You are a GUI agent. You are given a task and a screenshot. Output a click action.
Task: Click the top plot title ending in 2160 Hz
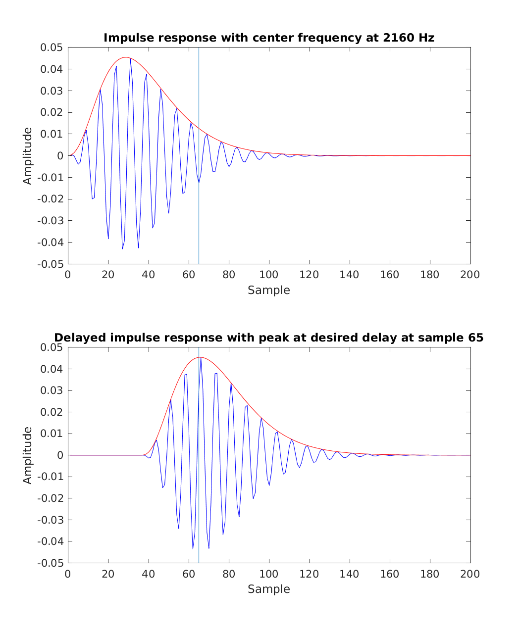click(269, 38)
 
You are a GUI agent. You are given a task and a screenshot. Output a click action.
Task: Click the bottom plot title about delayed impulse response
click(269, 338)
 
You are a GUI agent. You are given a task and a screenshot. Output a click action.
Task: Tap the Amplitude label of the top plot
click(28, 156)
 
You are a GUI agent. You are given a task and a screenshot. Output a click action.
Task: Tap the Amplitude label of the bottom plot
click(28, 455)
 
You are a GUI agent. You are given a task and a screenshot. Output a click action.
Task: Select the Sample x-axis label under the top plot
click(269, 290)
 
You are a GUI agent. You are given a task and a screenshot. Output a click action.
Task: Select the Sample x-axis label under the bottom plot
click(269, 589)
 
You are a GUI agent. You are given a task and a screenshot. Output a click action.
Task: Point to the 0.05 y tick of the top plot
click(52, 48)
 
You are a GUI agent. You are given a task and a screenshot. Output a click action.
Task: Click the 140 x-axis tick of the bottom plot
click(350, 574)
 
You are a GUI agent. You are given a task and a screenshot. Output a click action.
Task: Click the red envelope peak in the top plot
click(126, 57)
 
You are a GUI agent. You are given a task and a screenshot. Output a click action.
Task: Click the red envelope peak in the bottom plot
click(200, 357)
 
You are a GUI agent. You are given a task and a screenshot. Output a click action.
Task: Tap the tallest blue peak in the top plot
click(130, 59)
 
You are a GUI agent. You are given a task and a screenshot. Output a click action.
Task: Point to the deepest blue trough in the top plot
click(122, 248)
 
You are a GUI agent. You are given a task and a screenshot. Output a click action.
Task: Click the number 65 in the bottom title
click(475, 338)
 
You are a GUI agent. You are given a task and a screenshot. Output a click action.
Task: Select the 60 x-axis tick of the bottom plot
click(189, 574)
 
